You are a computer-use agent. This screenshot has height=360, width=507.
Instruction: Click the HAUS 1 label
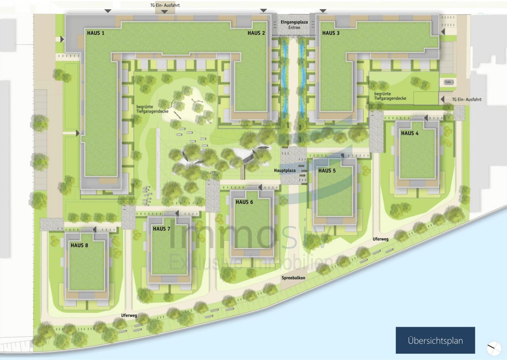96,33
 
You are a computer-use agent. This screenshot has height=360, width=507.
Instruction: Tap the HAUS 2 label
256,33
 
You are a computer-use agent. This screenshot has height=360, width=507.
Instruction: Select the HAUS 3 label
331,33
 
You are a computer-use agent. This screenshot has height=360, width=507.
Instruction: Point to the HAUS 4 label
410,133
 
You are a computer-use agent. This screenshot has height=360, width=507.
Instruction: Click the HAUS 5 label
327,170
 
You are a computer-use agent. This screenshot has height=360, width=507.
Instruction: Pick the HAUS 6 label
244,202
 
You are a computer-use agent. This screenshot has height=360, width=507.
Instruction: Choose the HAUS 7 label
162,229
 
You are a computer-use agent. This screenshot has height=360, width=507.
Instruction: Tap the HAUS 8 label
79,245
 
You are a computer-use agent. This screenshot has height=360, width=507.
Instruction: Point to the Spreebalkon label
294,278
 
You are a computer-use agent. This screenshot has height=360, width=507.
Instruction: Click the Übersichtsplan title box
435,340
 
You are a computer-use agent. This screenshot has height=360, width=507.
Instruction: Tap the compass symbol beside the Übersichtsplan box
494,348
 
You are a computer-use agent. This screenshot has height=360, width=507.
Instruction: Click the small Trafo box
448,82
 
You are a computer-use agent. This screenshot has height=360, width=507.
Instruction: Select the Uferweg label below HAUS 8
129,315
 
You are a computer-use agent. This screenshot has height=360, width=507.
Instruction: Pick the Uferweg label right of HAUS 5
381,239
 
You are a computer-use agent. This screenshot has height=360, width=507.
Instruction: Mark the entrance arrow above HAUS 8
95,230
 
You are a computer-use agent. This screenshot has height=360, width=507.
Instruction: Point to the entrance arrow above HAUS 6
260,187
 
